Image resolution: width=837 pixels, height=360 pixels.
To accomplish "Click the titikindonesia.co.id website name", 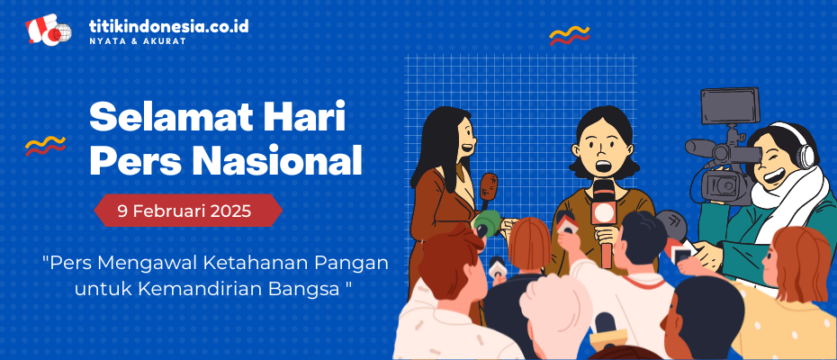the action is pos(168,26).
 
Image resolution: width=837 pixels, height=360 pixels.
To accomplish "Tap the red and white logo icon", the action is pos(48,30).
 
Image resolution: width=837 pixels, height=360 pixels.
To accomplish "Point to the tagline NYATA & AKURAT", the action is pos(138,41).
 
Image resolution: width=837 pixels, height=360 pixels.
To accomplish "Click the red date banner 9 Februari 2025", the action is pos(188,211).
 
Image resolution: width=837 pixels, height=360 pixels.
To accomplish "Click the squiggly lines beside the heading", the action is pos(45,145).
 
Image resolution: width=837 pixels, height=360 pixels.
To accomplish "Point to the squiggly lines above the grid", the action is pos(570,35).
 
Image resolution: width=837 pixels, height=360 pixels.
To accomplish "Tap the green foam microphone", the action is pos(487,221).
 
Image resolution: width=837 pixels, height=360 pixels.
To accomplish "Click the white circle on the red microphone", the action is pos(604,213).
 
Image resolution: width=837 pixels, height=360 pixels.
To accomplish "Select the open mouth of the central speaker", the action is pos(603,166).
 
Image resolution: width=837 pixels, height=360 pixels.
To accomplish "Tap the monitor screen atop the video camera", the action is pos(730,106).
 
